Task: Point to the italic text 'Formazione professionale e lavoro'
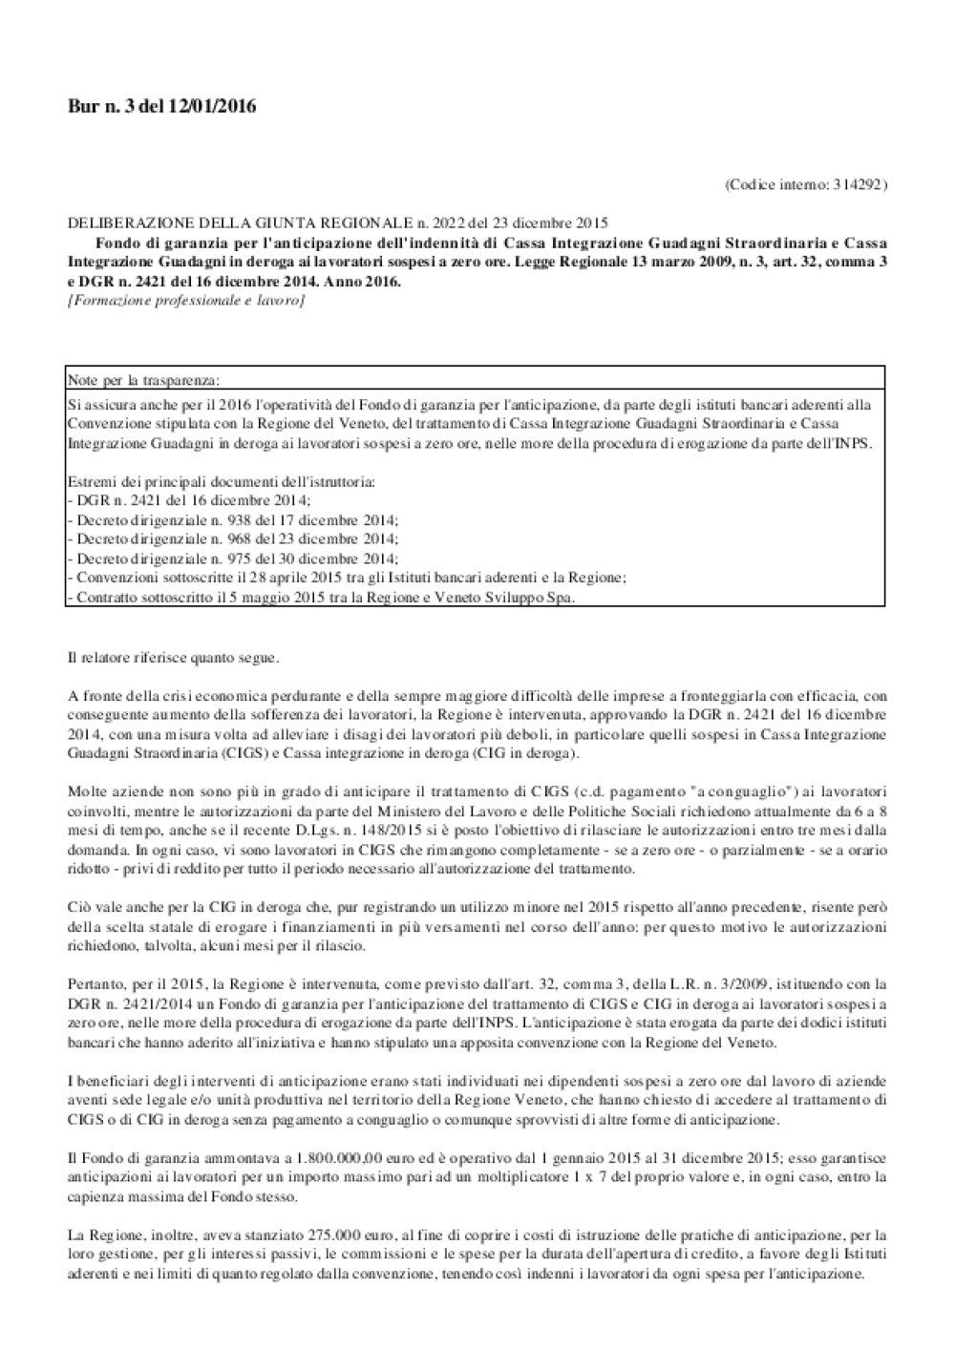186,301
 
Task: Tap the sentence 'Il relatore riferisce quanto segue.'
174,658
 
